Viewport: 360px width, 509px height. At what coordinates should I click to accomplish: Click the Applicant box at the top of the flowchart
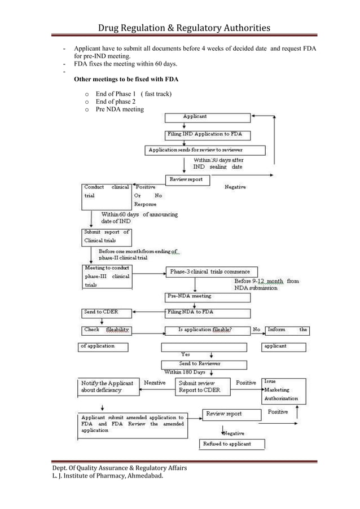pyautogui.click(x=207, y=117)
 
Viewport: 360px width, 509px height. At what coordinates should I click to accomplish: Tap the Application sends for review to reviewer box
pyautogui.click(x=205, y=150)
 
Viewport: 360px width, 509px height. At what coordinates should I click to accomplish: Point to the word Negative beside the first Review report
pyautogui.click(x=235, y=187)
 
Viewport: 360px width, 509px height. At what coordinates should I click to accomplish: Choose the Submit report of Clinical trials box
pyautogui.click(x=107, y=236)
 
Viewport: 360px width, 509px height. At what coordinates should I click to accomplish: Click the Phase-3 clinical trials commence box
pyautogui.click(x=211, y=271)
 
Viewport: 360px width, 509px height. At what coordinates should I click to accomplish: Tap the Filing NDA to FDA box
pyautogui.click(x=207, y=312)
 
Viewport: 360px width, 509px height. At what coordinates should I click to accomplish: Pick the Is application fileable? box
pyautogui.click(x=205, y=330)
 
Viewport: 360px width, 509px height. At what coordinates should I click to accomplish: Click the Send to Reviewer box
pyautogui.click(x=204, y=364)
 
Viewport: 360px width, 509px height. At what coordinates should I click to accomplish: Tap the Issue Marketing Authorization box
pyautogui.click(x=284, y=390)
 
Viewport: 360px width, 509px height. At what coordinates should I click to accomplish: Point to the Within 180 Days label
pyautogui.click(x=185, y=372)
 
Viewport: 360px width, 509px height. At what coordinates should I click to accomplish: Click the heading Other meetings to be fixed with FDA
pyautogui.click(x=130, y=80)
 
